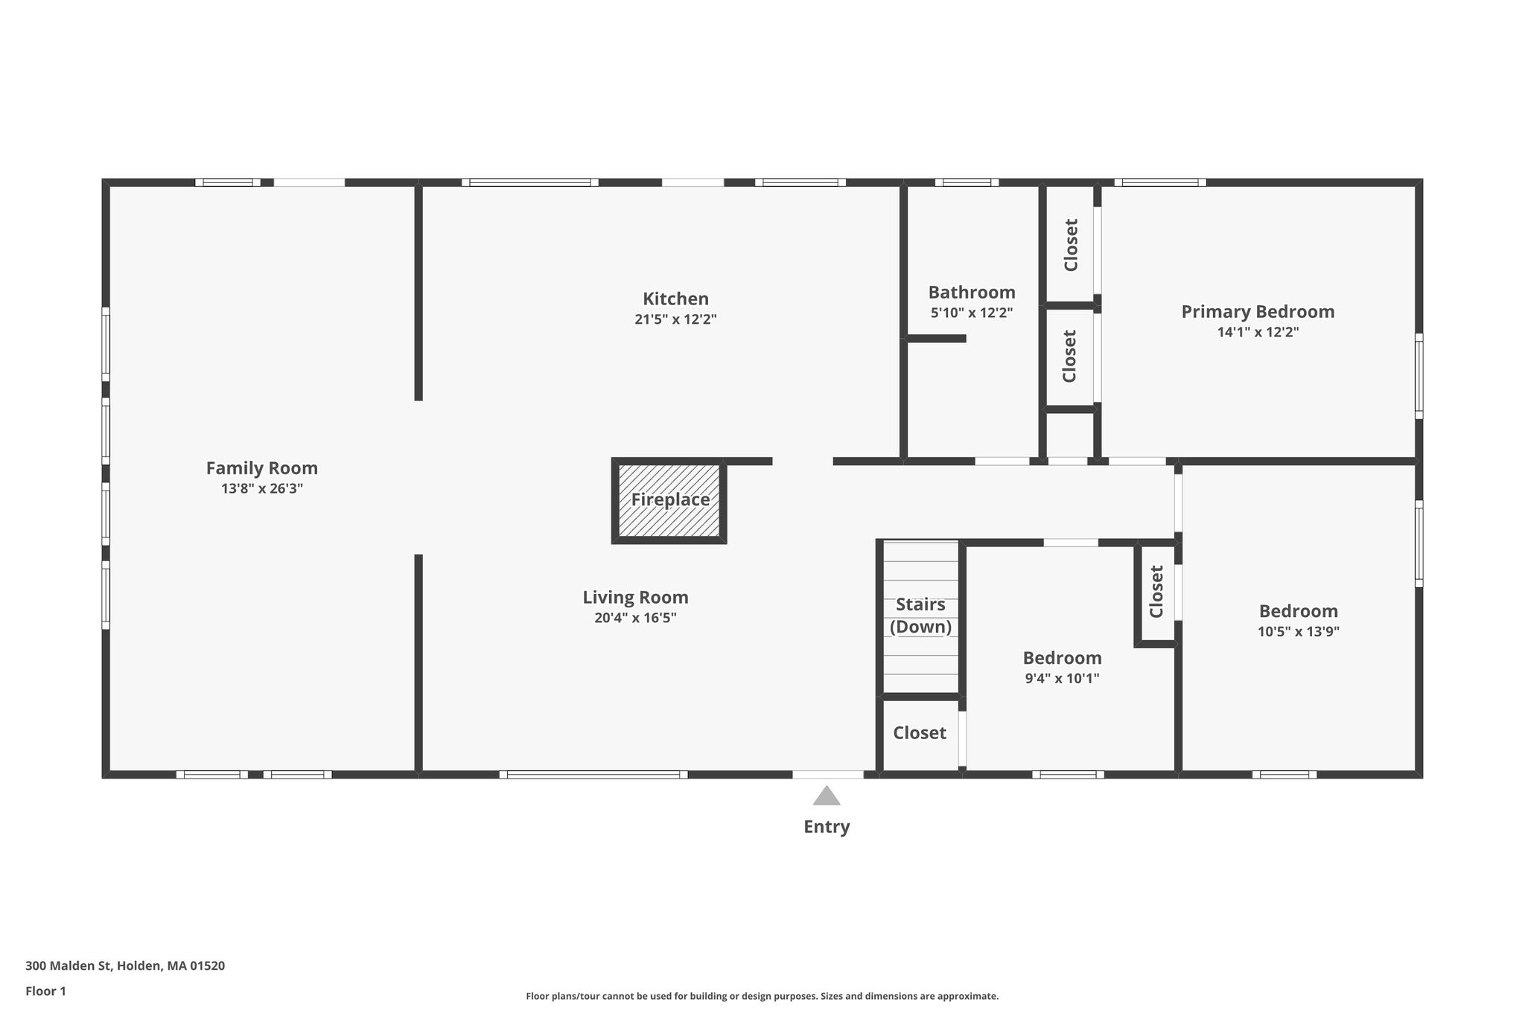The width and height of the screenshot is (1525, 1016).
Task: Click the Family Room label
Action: (261, 468)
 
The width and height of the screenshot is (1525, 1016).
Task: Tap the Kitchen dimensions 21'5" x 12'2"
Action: (675, 319)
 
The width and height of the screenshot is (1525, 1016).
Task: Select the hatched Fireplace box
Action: (669, 500)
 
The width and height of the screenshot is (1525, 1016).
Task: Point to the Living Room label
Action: (635, 597)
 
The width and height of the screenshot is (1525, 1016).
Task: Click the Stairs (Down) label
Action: (920, 616)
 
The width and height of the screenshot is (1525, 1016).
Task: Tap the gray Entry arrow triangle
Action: (827, 796)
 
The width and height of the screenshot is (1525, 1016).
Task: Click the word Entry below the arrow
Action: (827, 827)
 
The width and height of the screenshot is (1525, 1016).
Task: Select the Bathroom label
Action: (972, 292)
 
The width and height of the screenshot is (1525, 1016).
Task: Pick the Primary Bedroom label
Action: (1258, 312)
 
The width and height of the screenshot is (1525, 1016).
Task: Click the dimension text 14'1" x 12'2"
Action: (1258, 332)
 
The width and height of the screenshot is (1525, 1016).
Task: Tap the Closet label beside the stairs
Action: (920, 733)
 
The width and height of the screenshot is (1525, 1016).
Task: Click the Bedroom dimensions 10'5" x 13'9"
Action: (1299, 632)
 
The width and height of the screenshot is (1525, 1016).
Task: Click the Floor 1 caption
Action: (45, 991)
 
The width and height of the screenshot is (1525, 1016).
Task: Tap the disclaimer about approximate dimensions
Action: (762, 996)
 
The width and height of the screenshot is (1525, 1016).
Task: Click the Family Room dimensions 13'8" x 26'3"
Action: (261, 489)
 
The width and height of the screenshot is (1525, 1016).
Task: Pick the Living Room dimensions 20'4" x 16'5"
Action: (635, 618)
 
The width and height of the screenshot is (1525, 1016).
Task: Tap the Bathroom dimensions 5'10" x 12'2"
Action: (972, 313)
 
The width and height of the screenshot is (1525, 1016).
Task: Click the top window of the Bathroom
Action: (967, 182)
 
